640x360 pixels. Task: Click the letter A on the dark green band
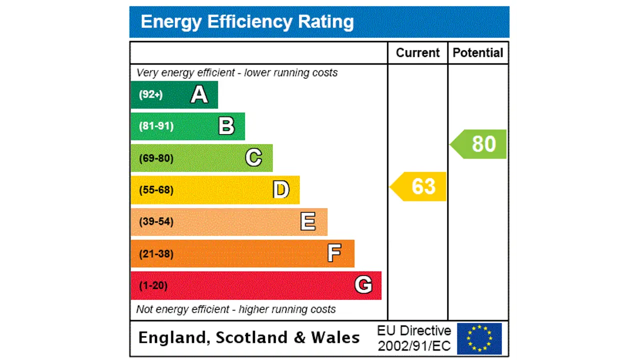pos(199,94)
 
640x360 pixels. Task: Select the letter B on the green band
pos(226,126)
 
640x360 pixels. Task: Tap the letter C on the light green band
pos(253,158)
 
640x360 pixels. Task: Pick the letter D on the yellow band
pos(281,190)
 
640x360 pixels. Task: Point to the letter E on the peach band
pos(308,221)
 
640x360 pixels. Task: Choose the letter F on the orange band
pos(334,253)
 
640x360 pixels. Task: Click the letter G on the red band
pos(363,285)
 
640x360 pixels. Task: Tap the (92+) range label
pos(150,94)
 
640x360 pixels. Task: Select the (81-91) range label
pos(156,126)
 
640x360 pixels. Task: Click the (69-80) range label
pos(156,158)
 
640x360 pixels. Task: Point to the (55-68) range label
pos(156,190)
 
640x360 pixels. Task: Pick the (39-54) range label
pos(156,221)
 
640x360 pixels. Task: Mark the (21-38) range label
pos(156,254)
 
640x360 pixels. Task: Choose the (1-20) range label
pos(153,285)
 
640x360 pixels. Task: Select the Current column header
pos(417,53)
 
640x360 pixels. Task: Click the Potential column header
pos(478,53)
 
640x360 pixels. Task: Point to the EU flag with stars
pos(479,338)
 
